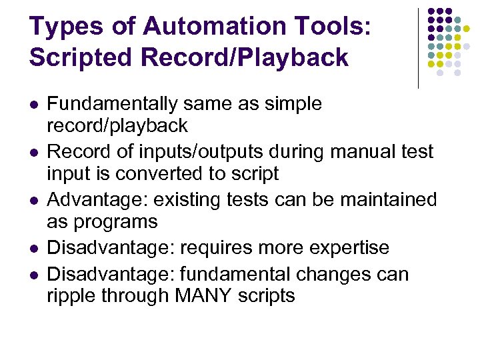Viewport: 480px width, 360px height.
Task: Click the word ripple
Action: click(70, 296)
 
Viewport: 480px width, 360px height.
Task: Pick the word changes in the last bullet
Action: click(331, 274)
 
